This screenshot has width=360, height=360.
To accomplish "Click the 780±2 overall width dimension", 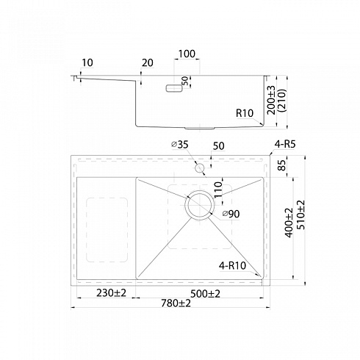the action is [x=176, y=303].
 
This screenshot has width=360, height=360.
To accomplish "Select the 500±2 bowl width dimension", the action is [x=205, y=293].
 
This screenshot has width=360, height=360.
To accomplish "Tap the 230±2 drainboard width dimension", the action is [x=111, y=292].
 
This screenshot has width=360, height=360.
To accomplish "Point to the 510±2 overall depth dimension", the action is [x=300, y=215].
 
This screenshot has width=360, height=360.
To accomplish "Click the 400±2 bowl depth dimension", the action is [x=289, y=223].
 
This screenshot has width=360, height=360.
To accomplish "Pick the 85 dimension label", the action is [x=282, y=165].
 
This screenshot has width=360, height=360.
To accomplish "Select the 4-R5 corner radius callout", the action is [x=285, y=144].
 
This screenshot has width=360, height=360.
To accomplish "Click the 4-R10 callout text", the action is [x=232, y=265].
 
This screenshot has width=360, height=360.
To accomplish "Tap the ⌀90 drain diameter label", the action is [x=231, y=214].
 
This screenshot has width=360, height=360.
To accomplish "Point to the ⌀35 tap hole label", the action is [x=180, y=145].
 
